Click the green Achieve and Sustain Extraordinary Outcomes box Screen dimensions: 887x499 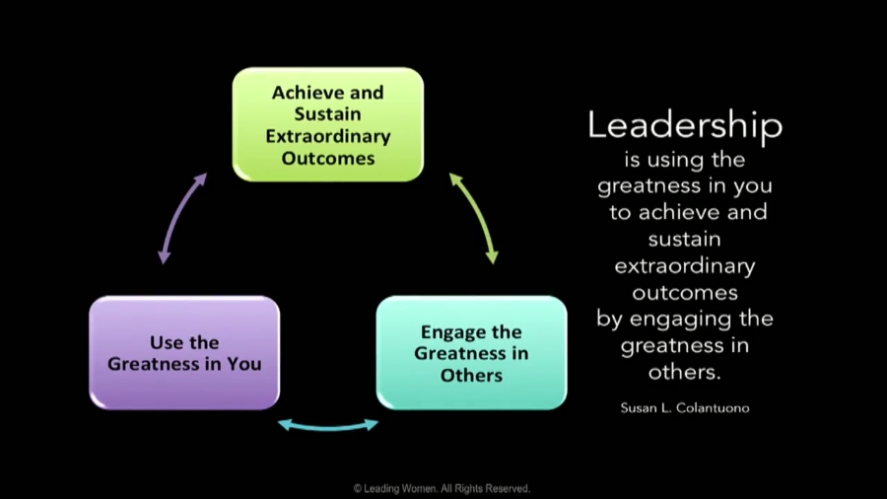pos(328,124)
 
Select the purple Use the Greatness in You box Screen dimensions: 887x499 pos(184,353)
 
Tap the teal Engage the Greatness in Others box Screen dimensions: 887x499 pos(472,353)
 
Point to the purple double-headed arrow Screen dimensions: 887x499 pos(180,217)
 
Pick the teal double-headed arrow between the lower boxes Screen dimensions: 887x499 pos(328,426)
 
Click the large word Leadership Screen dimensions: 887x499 pos(685,125)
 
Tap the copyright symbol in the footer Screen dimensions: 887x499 pos(358,488)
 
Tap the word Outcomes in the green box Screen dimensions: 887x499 pos(328,158)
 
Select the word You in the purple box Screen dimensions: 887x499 pos(244,364)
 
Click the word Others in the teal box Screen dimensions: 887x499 pos(472,375)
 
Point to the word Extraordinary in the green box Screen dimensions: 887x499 pos(328,137)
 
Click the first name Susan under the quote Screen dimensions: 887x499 pos(637,408)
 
